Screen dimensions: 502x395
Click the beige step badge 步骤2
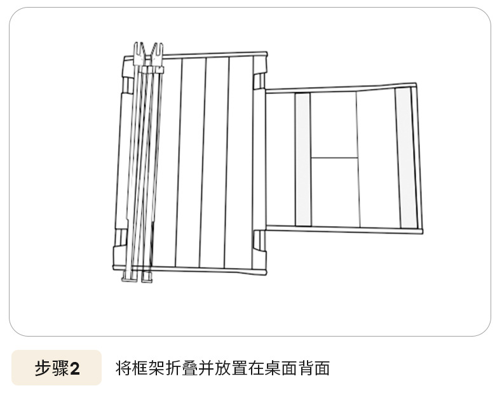[x=57, y=368]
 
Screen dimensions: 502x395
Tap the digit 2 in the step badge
[x=75, y=368]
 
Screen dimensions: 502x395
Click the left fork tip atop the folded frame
[x=137, y=49]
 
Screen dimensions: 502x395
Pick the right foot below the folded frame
[x=147, y=277]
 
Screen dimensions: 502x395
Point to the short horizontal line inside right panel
[x=334, y=157]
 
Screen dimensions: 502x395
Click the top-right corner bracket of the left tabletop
[x=259, y=81]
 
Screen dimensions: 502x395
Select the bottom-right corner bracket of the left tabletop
[x=259, y=241]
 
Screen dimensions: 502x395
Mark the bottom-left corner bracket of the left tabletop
[x=119, y=241]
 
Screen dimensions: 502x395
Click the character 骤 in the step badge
[x=60, y=368]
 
